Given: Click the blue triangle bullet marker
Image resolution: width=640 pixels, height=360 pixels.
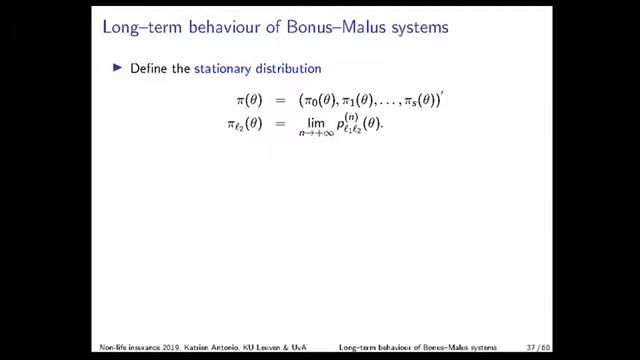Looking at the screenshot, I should pyautogui.click(x=118, y=68).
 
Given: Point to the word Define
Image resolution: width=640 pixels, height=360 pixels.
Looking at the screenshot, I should pyautogui.click(x=148, y=69).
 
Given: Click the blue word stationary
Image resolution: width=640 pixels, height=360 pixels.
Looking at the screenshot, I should pyautogui.click(x=224, y=69).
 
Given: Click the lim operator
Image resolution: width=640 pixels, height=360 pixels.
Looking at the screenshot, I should pyautogui.click(x=319, y=123).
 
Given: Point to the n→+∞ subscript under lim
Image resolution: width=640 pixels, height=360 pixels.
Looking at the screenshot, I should pyautogui.click(x=319, y=135).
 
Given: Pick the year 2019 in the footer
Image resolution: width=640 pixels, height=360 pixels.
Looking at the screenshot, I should pyautogui.click(x=156, y=348).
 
